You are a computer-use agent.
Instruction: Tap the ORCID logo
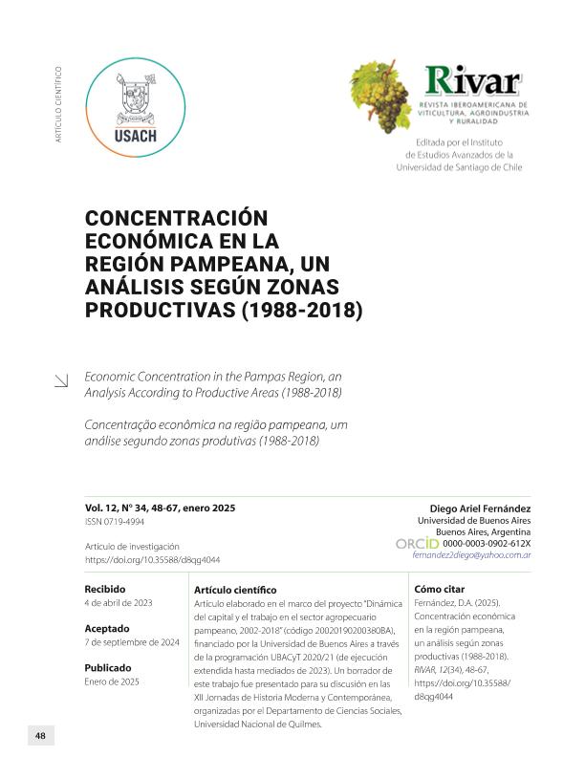point(417,543)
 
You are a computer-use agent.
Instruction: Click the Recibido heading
point(105,589)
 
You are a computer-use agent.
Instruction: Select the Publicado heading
point(108,667)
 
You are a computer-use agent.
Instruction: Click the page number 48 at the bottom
point(40,735)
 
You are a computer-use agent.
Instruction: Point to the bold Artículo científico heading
point(234,591)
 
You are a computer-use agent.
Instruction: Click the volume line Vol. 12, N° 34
point(160,508)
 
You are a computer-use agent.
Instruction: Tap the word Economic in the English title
point(112,377)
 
